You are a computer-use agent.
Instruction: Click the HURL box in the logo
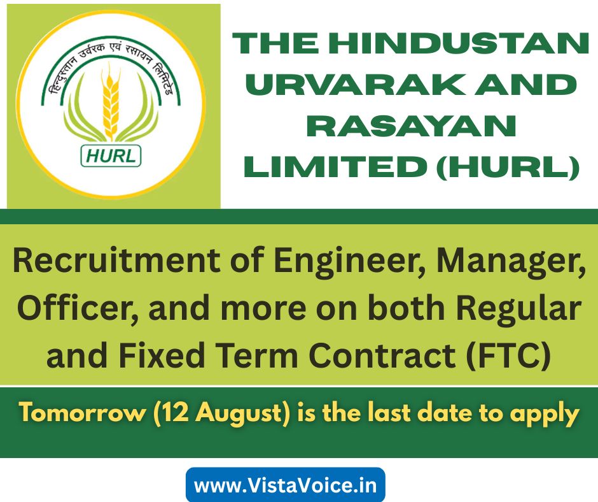click(x=111, y=156)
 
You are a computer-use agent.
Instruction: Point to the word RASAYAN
click(x=412, y=126)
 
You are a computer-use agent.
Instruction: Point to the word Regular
click(x=519, y=309)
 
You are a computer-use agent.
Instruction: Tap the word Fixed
click(x=162, y=355)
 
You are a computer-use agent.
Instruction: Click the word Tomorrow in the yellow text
click(x=83, y=413)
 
